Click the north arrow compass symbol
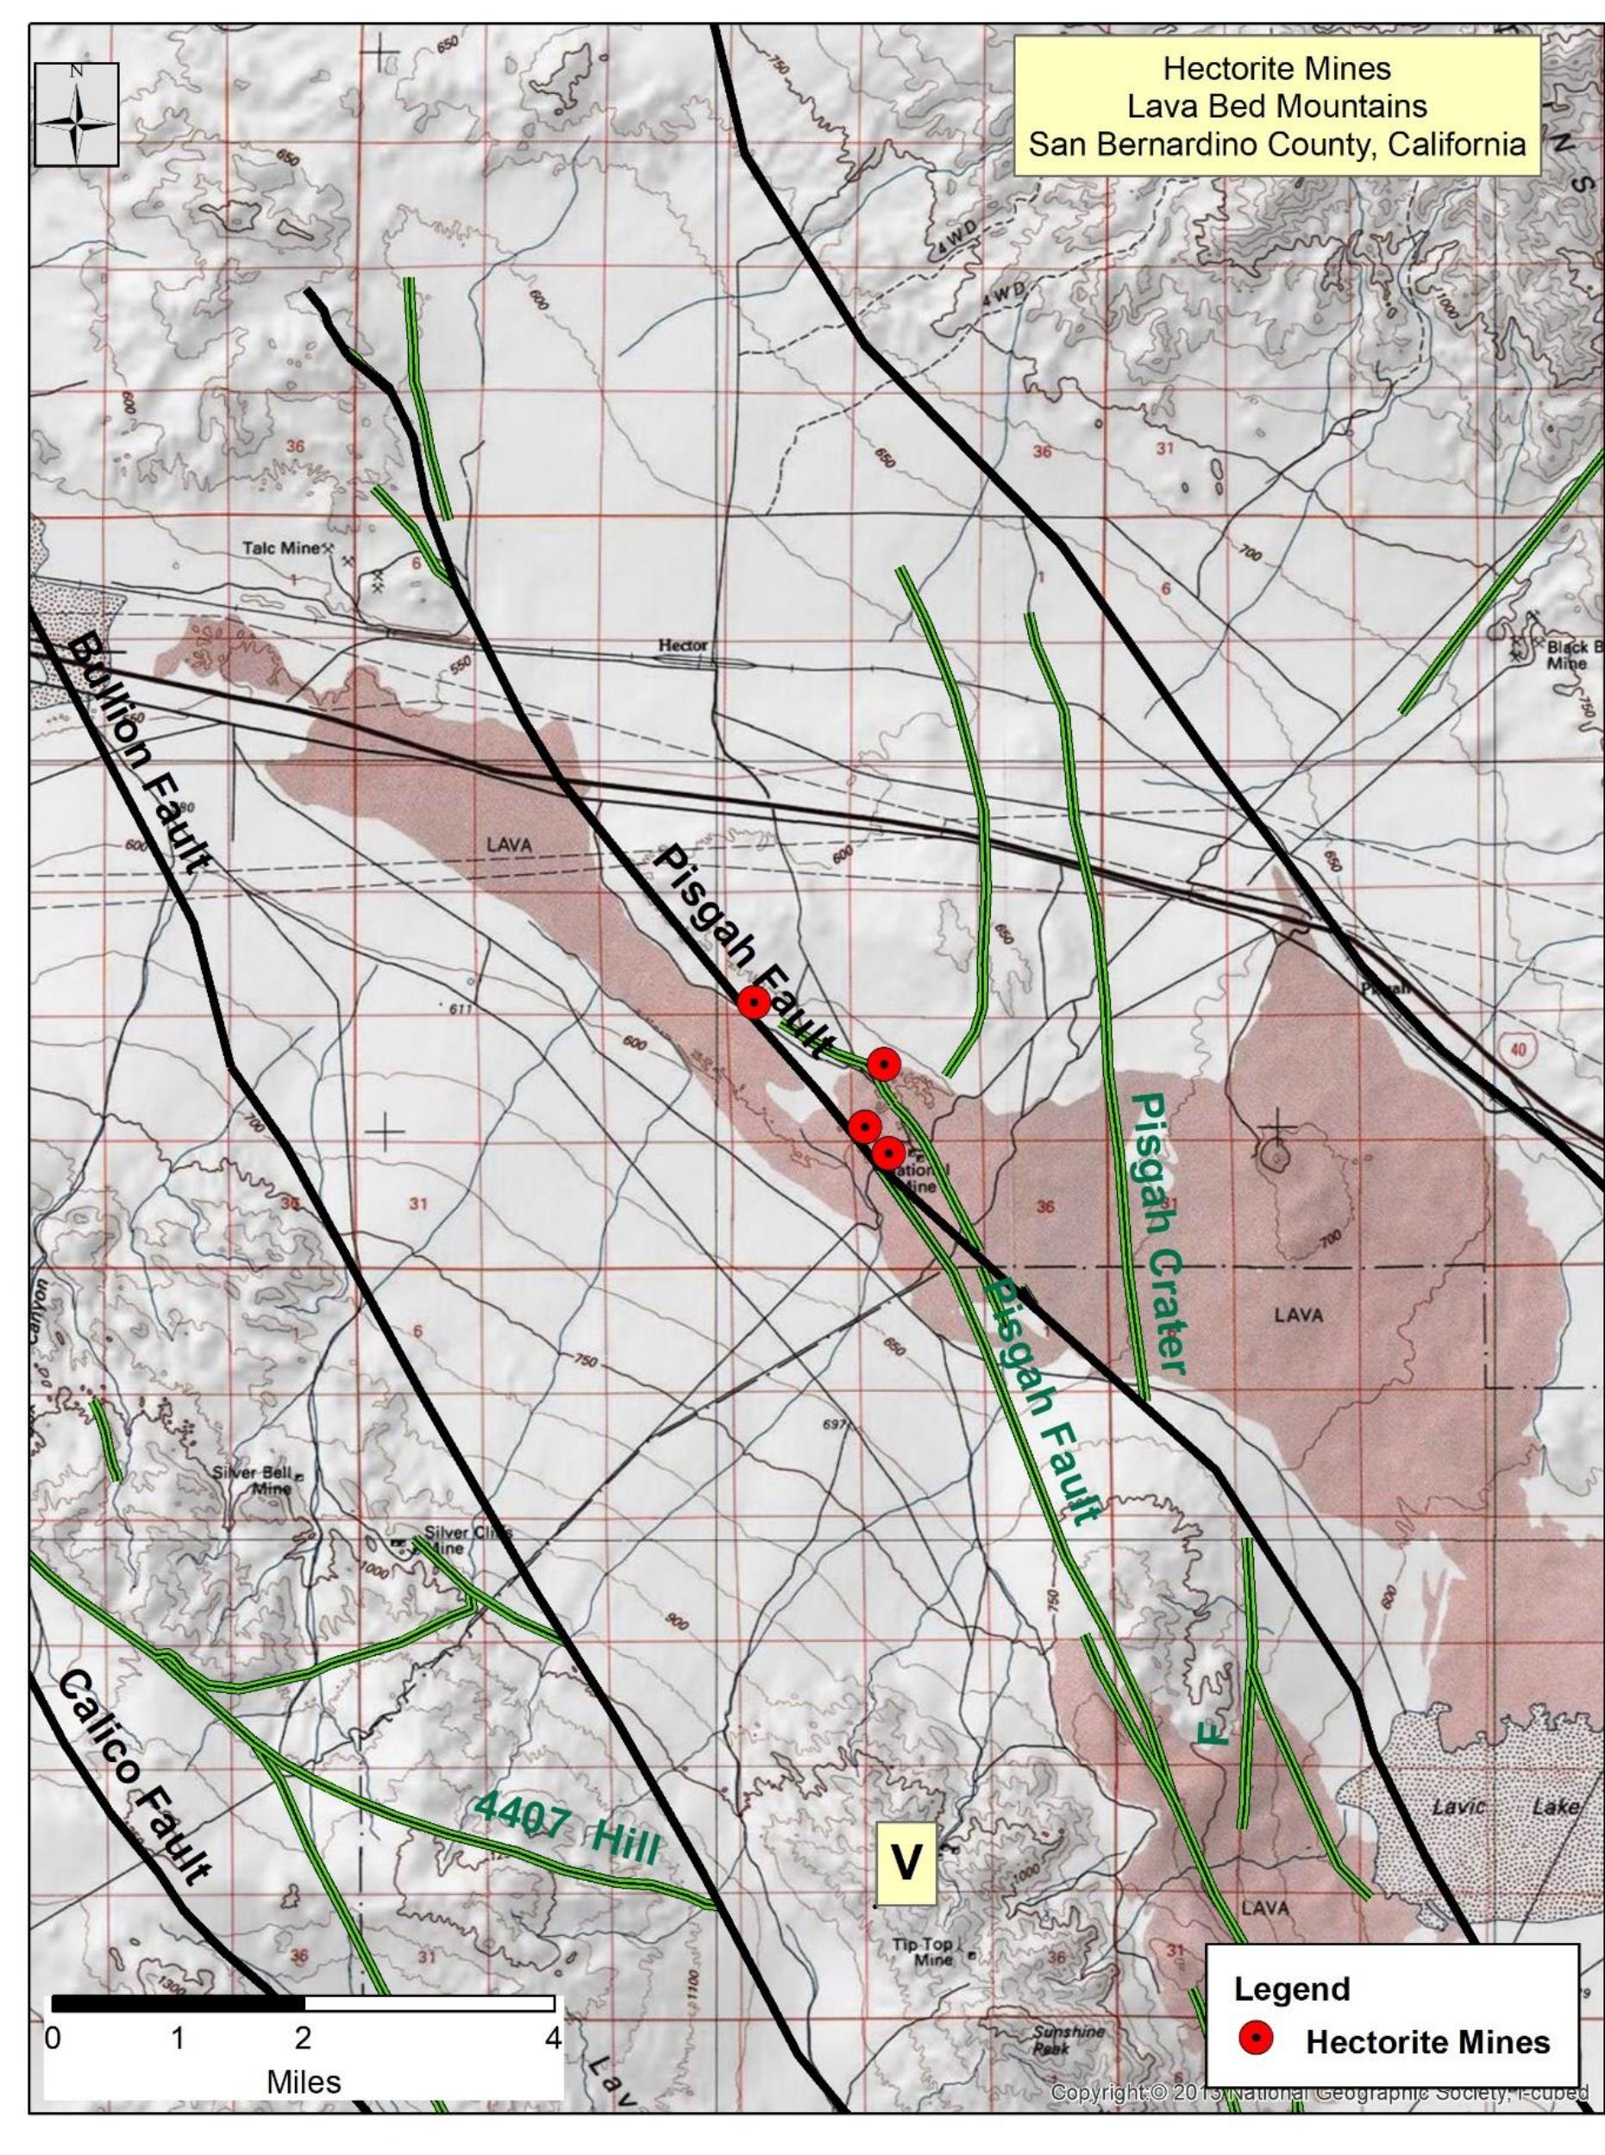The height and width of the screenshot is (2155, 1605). (x=77, y=114)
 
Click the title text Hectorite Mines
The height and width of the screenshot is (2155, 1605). (x=1276, y=69)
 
